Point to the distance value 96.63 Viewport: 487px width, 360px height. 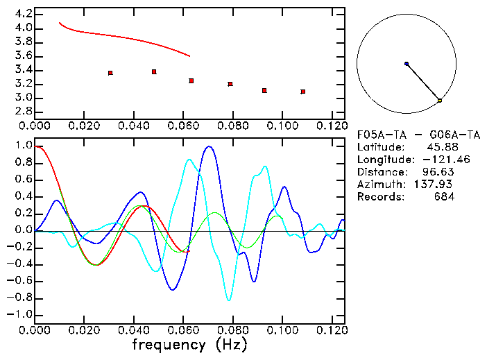point(438,172)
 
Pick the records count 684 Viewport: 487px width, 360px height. point(444,197)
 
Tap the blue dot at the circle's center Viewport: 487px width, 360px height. point(407,64)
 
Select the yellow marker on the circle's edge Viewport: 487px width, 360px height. point(440,101)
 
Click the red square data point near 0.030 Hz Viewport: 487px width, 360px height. point(110,73)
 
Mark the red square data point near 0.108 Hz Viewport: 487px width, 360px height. point(303,92)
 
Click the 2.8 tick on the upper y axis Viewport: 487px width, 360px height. point(24,112)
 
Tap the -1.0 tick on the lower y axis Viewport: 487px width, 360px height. point(21,314)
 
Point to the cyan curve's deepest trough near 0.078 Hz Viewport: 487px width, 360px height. point(229,300)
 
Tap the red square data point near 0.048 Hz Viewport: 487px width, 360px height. point(154,71)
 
